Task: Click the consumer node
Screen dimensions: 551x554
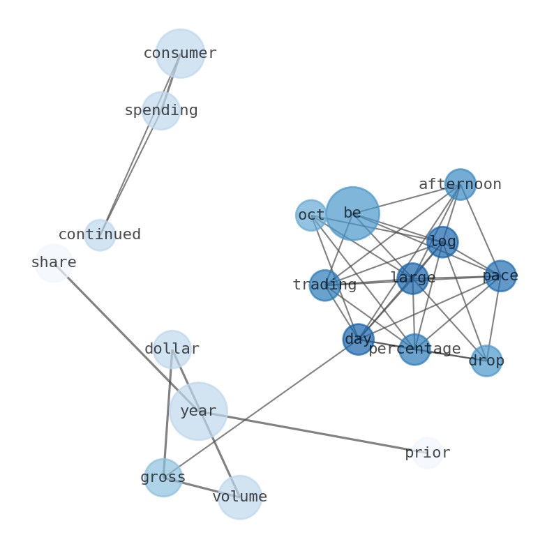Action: (180, 53)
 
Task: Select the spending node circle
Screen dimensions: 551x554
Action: (161, 110)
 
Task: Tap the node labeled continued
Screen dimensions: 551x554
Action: (100, 235)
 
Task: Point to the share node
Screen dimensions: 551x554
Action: (54, 263)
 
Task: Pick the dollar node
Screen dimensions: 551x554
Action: (172, 349)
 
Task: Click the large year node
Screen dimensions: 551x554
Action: (198, 411)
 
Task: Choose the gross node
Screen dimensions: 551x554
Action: (163, 478)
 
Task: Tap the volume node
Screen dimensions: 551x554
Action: (239, 497)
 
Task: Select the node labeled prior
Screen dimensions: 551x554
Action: (428, 453)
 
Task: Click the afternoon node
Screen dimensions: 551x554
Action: (461, 184)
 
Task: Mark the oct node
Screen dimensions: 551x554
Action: (311, 215)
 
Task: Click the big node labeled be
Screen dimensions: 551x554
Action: (352, 213)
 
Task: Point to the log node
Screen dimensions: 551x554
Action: (442, 242)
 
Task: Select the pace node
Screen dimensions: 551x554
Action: (500, 275)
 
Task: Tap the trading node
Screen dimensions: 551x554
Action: (324, 285)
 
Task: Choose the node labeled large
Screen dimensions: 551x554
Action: (412, 278)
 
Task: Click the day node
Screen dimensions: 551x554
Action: (358, 339)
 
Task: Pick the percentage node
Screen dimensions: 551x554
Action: (414, 349)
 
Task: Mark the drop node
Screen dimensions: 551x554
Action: (486, 361)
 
